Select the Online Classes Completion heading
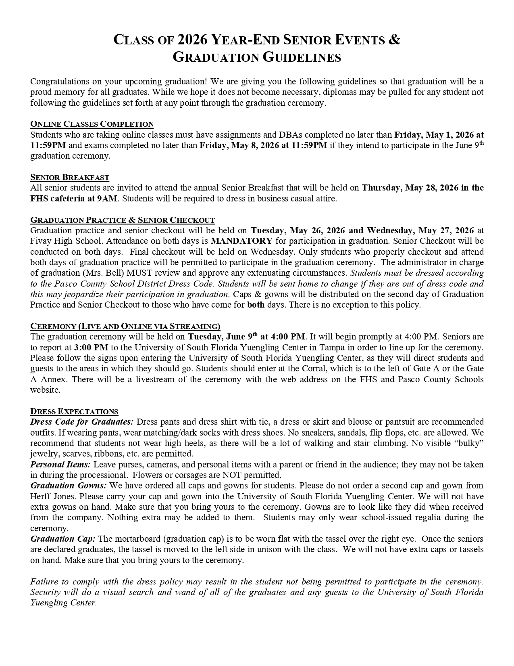(92, 124)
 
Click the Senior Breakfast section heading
(70, 177)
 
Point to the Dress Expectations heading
(74, 411)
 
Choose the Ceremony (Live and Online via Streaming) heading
(125, 326)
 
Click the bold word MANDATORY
(242, 241)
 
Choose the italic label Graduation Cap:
(63, 539)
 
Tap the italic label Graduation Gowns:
(69, 486)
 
